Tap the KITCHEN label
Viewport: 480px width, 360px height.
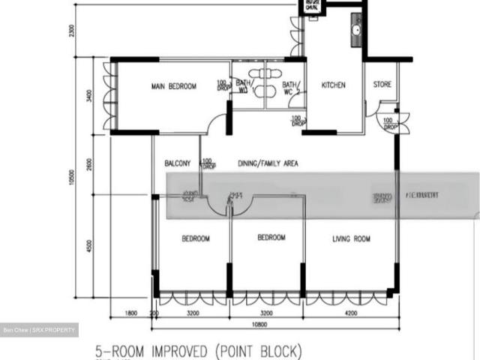pos(334,85)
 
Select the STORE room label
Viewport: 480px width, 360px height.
pos(382,85)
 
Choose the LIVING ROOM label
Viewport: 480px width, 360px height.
pos(352,239)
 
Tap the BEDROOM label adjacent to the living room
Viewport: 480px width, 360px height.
pos(271,238)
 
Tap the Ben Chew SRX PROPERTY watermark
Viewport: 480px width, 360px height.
pos(39,330)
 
